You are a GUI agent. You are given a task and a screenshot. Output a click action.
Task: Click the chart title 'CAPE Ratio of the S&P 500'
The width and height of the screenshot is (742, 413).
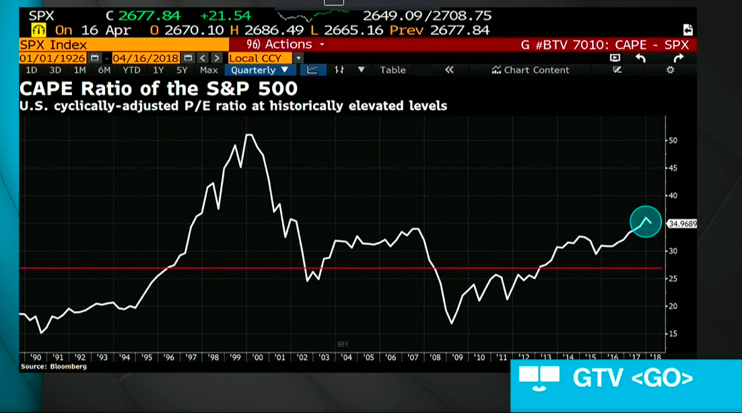pos(158,89)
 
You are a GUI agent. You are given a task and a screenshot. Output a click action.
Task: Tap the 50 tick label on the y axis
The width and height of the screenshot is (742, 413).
pos(673,141)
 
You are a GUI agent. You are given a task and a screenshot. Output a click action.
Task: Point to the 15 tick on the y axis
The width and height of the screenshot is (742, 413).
pos(673,334)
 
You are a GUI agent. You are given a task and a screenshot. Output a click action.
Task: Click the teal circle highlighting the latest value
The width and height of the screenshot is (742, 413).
pos(646,221)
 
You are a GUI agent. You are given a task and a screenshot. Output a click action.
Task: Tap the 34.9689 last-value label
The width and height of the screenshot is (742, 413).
pos(681,224)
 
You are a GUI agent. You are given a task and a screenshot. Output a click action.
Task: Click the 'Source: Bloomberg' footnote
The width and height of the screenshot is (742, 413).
pos(54,367)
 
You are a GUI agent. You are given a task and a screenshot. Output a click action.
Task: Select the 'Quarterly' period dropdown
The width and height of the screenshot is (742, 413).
pos(260,70)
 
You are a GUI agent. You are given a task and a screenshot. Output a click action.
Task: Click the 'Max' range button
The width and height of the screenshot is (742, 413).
pos(209,70)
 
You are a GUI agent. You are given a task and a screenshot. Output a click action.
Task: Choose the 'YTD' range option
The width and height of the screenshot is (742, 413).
pos(131,70)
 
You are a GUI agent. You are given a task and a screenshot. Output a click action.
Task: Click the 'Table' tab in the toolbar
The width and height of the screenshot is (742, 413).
pos(393,70)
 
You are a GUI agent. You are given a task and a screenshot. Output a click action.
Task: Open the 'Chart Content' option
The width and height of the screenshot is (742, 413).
pos(531,70)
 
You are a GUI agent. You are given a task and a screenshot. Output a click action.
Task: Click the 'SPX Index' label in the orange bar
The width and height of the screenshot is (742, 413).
pos(54,44)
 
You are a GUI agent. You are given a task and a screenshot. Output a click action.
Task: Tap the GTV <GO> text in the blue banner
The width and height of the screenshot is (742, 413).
pos(632,378)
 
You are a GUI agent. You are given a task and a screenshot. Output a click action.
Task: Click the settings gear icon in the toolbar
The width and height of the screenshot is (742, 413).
pos(670,70)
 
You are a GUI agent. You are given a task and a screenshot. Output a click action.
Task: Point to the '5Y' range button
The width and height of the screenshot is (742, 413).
pos(182,70)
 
